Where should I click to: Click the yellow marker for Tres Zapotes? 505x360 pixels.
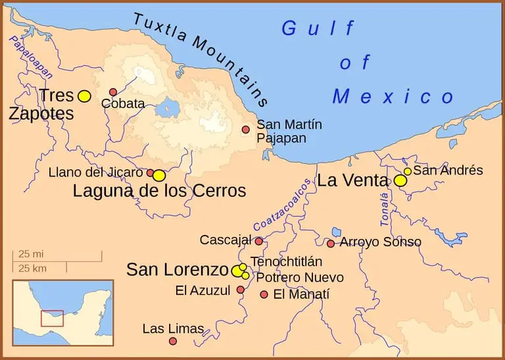[84, 96]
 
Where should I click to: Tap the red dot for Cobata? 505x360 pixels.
[113, 92]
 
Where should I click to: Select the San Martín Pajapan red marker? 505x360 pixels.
[246, 130]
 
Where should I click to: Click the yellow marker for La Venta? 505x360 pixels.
[400, 180]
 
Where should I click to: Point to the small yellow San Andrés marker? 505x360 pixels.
[408, 171]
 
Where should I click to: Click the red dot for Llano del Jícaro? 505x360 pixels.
[150, 173]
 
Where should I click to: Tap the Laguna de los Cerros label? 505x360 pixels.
[159, 192]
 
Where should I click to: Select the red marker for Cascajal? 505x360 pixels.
[259, 241]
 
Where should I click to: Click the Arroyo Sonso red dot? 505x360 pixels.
[331, 244]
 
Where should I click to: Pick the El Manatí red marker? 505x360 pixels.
[264, 294]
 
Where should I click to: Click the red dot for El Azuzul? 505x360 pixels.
[241, 290]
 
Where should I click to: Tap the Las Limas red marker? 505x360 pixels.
[173, 341]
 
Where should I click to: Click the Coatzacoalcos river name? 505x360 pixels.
[282, 205]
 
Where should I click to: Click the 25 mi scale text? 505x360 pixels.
[32, 254]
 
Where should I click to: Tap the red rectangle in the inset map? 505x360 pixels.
[52, 318]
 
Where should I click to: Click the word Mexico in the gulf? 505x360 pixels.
[393, 97]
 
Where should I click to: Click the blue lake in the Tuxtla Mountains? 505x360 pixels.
[170, 107]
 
